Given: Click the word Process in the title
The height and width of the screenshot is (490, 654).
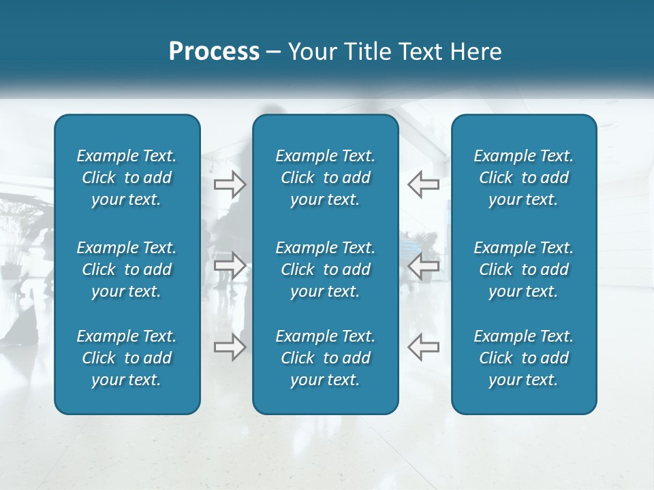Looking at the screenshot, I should tap(214, 52).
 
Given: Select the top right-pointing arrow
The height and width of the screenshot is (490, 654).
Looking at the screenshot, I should tap(230, 184).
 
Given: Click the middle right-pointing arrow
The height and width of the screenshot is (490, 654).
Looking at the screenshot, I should tap(230, 265).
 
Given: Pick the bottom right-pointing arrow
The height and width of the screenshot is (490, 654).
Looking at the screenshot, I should tap(230, 346).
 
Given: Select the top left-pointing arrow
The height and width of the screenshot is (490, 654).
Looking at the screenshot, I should tap(424, 184).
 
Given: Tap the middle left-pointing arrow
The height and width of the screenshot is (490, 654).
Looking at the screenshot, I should tap(424, 265).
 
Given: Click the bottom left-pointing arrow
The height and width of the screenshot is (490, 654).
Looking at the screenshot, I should tap(424, 346).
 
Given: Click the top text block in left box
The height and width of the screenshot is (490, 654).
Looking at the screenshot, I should tap(127, 178).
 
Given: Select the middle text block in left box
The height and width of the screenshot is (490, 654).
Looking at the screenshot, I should tap(127, 269).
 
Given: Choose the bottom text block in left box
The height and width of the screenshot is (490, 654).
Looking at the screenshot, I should tap(127, 358).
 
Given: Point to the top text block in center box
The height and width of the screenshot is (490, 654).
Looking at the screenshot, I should tap(325, 178).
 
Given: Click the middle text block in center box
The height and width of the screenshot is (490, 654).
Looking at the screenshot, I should tap(325, 269).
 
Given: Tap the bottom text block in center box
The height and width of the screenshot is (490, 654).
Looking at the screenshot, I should tap(325, 358).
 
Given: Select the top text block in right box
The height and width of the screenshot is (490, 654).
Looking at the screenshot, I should tap(523, 178).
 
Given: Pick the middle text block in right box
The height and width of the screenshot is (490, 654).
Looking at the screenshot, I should tap(523, 269).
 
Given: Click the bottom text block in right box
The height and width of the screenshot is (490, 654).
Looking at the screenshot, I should tap(523, 358).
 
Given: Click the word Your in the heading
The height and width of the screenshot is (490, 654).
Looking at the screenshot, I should tap(311, 52).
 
